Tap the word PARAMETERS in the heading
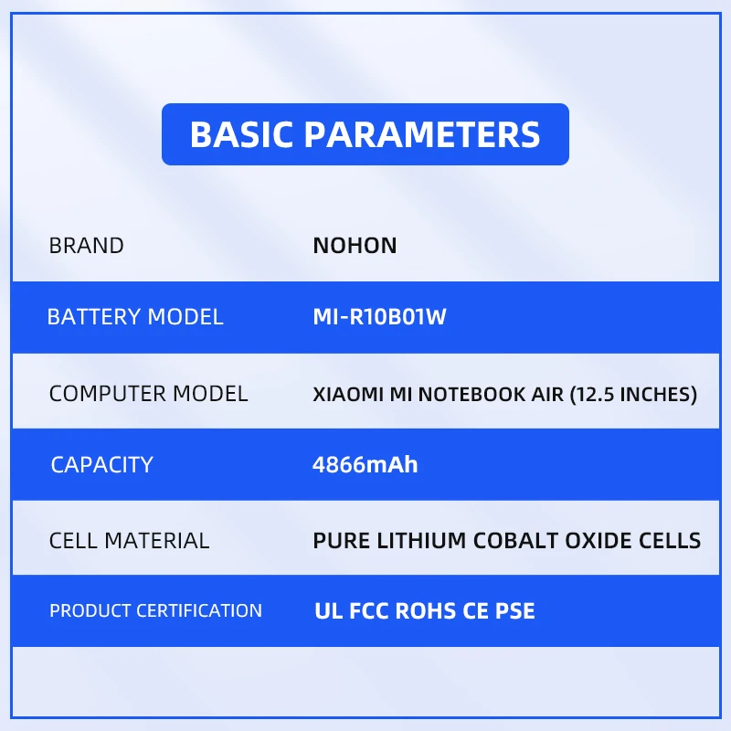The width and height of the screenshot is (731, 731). point(422,134)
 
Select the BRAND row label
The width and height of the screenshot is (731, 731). point(86,246)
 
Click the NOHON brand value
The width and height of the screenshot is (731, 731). point(355,246)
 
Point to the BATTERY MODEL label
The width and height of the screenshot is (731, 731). point(135,317)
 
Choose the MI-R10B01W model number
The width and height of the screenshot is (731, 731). point(379,317)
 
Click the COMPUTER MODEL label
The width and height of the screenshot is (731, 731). point(148,394)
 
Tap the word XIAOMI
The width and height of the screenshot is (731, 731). point(348,395)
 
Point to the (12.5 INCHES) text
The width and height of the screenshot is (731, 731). point(633,395)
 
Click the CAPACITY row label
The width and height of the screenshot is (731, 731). point(101,465)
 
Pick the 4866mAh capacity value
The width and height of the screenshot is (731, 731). point(365,465)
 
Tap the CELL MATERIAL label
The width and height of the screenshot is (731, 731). point(129,541)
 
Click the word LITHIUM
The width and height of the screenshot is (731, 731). point(421,541)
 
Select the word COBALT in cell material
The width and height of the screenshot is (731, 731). point(515,541)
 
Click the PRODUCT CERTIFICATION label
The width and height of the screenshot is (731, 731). point(155,610)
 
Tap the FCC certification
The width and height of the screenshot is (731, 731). point(369,611)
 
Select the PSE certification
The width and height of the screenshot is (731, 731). point(514,611)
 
